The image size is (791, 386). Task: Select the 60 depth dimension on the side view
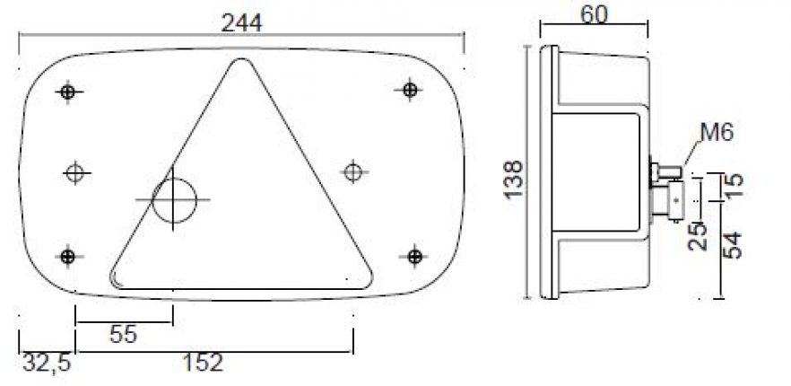pos(593,13)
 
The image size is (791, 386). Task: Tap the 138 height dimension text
pos(513,180)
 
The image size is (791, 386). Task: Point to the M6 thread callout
pos(717,134)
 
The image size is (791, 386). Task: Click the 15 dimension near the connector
pos(733,182)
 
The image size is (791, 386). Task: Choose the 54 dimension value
pos(734,245)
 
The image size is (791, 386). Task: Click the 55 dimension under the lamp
pos(123,335)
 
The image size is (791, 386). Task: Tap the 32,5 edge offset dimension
pos(46,363)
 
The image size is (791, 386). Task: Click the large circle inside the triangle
pos(173,198)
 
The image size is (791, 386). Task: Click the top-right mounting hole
pos(409,89)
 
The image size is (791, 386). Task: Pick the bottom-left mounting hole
pos(67,257)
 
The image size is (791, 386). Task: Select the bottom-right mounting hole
pos(414,257)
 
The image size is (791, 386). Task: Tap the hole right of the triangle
pos(353,170)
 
